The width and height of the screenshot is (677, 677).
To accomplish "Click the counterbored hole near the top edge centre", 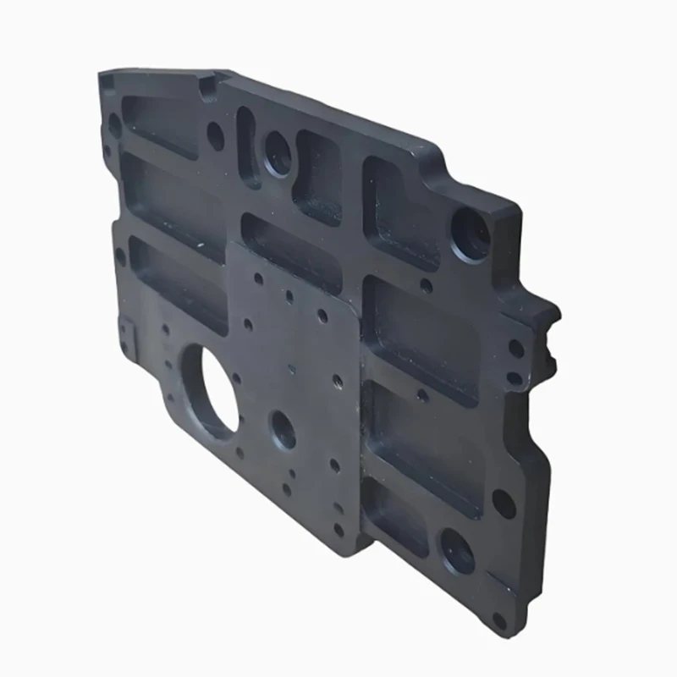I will pyautogui.click(x=278, y=153).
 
